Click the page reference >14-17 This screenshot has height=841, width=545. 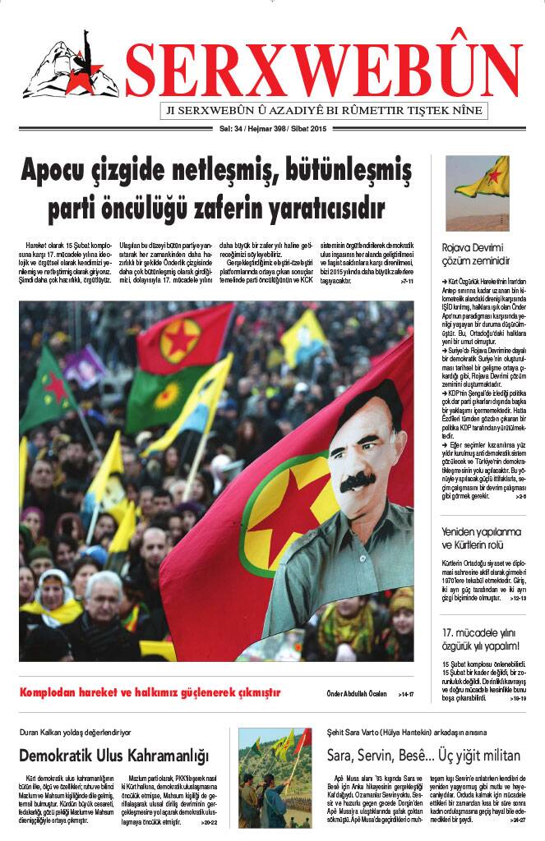405,694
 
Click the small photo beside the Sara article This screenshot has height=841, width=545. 275,776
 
